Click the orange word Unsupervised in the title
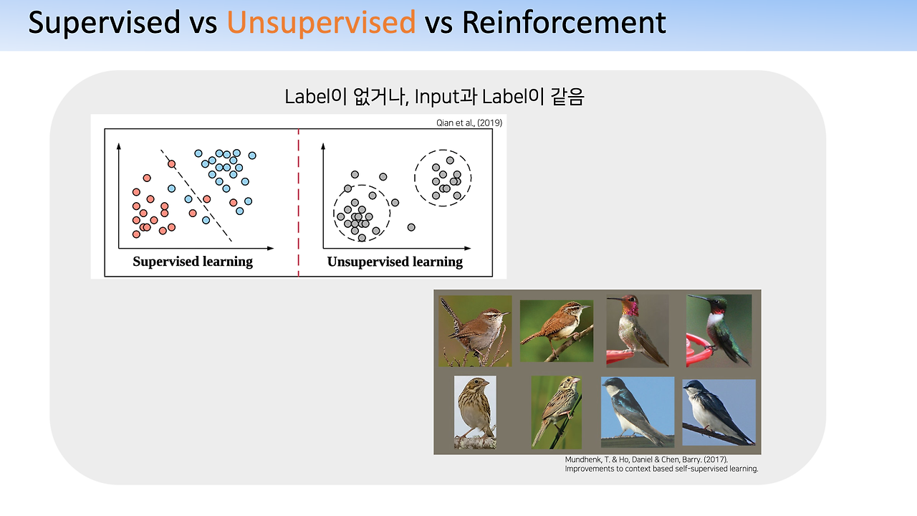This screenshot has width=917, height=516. tap(322, 23)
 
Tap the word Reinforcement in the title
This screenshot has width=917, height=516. tap(564, 22)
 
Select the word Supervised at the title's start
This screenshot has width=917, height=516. tap(105, 23)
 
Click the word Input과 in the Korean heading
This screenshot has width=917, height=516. tap(446, 97)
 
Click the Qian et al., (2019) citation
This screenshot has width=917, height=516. tap(469, 123)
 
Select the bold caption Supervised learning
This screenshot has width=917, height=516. tap(193, 262)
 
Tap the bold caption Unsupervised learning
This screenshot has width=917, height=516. tap(395, 262)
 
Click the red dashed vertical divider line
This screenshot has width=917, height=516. tap(299, 203)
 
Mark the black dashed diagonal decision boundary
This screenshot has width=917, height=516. tap(196, 196)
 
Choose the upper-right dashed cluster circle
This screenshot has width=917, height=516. tap(443, 178)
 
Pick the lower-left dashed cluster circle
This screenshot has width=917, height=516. tap(362, 214)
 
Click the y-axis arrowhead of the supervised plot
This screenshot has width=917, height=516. tap(119, 146)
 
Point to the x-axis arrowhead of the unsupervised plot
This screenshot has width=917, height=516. tap(468, 248)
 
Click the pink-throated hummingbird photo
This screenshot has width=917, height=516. tap(638, 330)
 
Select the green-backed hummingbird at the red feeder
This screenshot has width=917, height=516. tap(719, 330)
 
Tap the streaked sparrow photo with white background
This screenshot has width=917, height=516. tap(475, 412)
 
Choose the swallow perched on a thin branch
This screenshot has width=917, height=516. tap(719, 412)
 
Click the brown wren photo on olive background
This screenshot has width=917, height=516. tap(475, 331)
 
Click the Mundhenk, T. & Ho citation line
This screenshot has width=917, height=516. tap(646, 459)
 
